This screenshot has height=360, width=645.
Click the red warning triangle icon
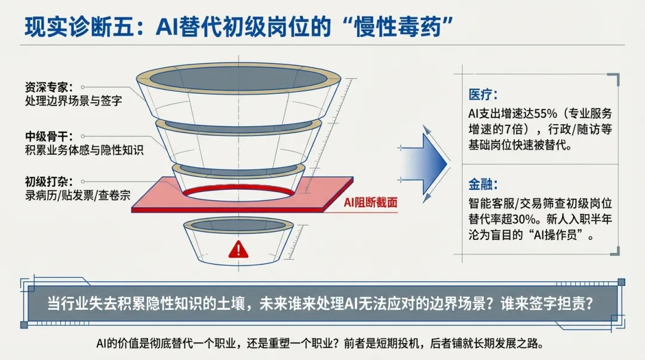(x=238, y=249)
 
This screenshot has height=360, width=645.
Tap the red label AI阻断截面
(x=370, y=203)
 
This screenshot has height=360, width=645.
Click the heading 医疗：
(x=483, y=95)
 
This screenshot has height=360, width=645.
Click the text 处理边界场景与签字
(x=73, y=100)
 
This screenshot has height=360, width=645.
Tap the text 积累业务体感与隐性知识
(x=84, y=150)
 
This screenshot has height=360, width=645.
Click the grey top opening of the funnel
(x=237, y=79)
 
